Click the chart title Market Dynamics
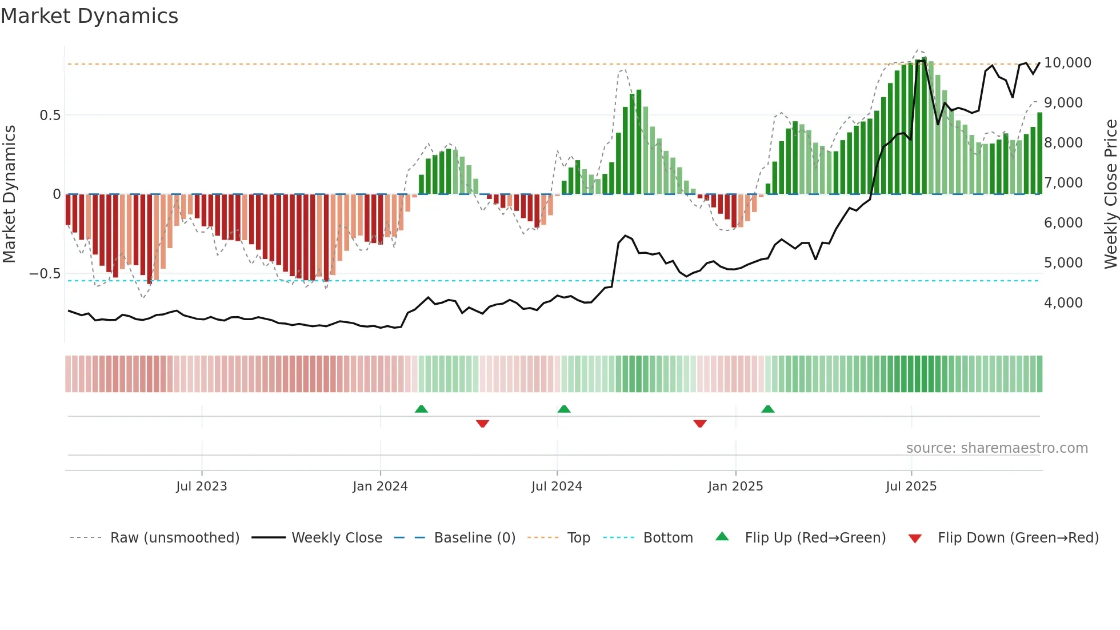[89, 16]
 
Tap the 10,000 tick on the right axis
[1067, 62]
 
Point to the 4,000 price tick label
[1063, 302]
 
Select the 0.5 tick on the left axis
[50, 115]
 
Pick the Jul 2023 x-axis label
[201, 486]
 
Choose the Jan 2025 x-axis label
[735, 486]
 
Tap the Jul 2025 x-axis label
[911, 486]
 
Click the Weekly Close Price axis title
[1110, 194]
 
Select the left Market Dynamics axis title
[9, 194]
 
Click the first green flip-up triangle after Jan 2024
[421, 409]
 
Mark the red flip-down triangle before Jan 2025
[700, 424]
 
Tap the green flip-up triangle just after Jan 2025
[768, 409]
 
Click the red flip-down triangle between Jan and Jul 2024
[482, 424]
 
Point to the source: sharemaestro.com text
[997, 448]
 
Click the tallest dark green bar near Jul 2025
[924, 126]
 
